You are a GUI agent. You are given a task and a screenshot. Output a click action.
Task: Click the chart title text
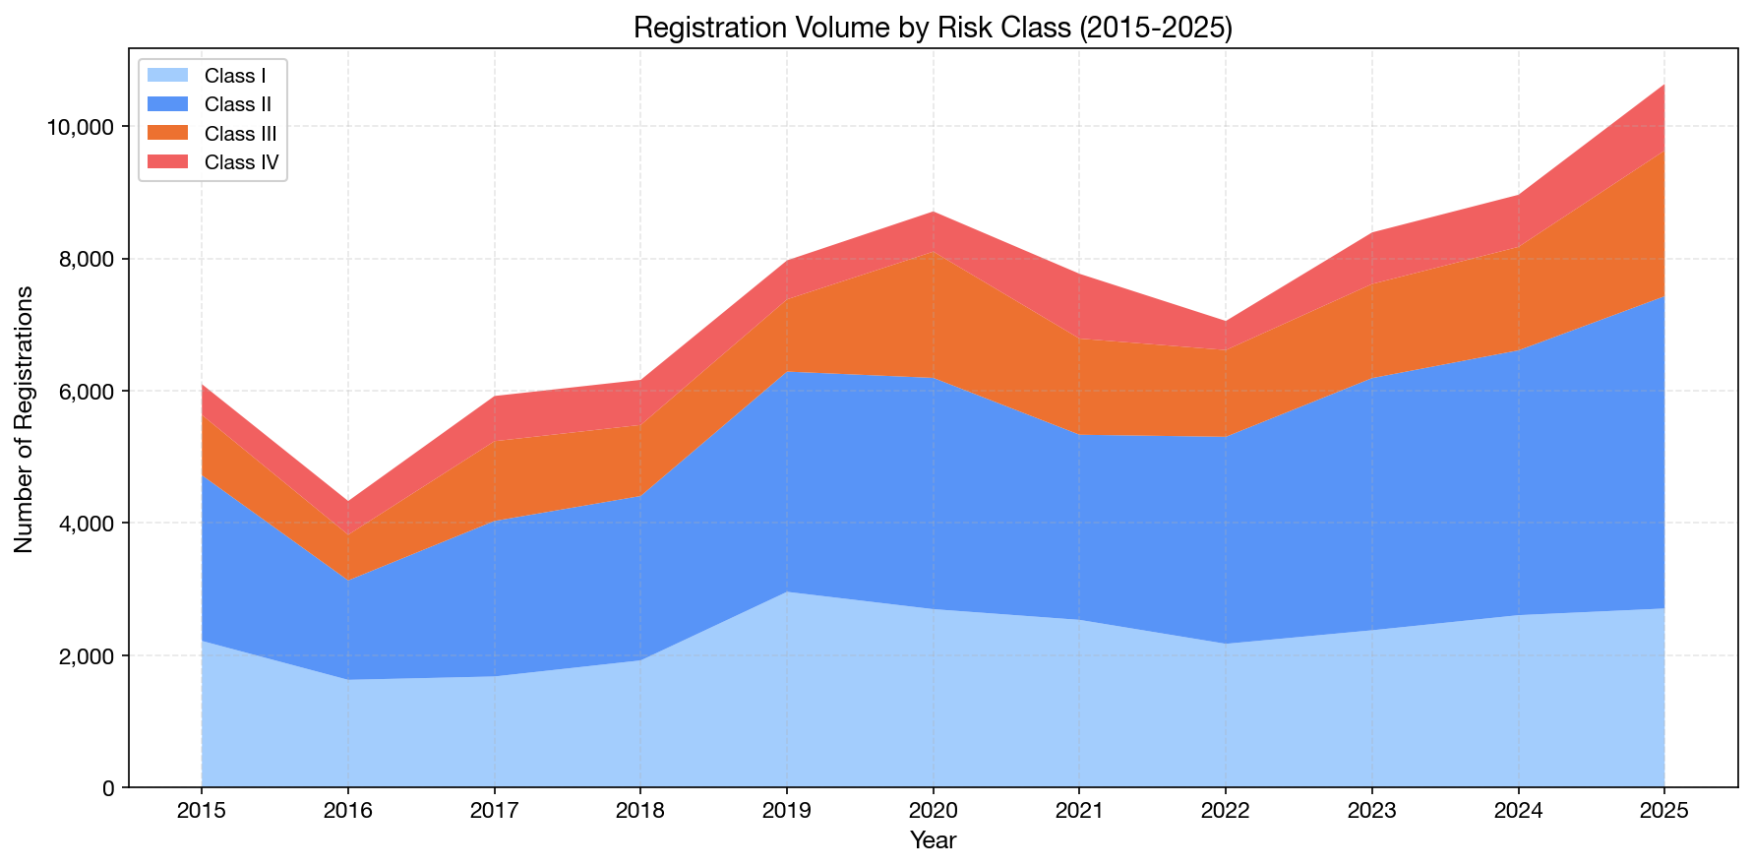tap(933, 27)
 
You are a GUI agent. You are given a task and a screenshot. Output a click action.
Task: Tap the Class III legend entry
tap(240, 134)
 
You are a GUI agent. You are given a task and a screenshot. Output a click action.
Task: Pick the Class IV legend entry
tap(241, 162)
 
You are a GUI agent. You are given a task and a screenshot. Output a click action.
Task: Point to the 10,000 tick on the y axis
tap(83, 127)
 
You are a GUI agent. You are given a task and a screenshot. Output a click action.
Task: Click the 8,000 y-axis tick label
tap(88, 259)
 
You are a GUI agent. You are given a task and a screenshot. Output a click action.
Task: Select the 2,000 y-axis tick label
tap(88, 655)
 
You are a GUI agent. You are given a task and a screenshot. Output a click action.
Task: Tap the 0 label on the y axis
tap(108, 787)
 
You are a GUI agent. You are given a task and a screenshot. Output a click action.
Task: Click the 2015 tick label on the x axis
tap(201, 812)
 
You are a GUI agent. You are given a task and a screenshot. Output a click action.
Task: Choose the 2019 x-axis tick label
tap(786, 812)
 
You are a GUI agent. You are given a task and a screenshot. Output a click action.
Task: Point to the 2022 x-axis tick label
tap(1225, 812)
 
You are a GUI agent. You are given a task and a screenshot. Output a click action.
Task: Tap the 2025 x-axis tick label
tap(1663, 812)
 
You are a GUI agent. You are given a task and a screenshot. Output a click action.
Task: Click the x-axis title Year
tap(933, 840)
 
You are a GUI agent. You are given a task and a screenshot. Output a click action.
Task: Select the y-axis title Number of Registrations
tap(25, 418)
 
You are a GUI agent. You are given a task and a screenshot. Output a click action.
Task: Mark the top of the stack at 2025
tap(1663, 85)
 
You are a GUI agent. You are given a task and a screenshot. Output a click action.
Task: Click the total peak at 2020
tap(933, 212)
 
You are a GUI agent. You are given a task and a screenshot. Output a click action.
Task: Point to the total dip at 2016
tap(347, 502)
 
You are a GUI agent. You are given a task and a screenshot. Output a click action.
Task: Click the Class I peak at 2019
tap(786, 592)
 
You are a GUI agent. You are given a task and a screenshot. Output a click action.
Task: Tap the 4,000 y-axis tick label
tap(88, 524)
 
